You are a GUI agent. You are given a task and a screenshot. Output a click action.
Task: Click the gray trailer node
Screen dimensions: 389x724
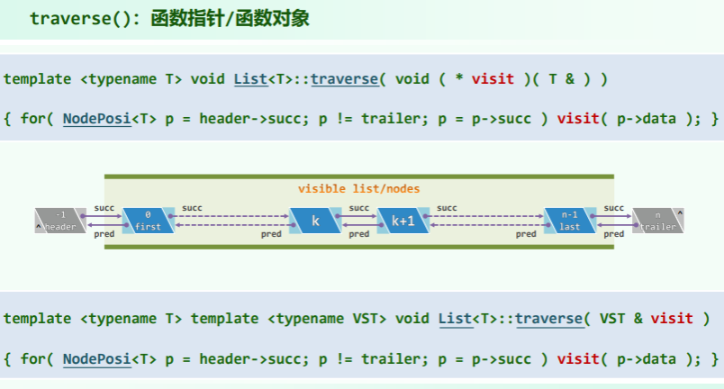(657, 221)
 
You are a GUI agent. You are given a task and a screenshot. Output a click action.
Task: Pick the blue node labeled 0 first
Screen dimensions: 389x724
(147, 221)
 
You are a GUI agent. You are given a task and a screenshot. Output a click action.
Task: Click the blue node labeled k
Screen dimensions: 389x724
(315, 221)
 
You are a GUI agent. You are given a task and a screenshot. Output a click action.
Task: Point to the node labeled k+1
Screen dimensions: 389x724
(403, 221)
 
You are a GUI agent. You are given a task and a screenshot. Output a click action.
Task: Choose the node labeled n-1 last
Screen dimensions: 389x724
(569, 221)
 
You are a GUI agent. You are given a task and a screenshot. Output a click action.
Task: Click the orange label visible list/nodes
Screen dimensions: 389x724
(359, 188)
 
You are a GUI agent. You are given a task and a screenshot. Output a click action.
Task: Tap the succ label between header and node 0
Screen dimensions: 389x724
(104, 208)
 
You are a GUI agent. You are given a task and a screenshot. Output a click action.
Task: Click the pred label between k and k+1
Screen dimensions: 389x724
(358, 234)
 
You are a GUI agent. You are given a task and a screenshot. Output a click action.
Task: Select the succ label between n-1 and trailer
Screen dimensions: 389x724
(614, 208)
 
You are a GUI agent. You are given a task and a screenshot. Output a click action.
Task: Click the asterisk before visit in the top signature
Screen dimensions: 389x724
(458, 78)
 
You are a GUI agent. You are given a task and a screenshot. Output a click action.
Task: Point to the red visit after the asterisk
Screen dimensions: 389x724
(493, 78)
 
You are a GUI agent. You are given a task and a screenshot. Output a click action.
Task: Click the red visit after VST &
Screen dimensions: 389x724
(672, 318)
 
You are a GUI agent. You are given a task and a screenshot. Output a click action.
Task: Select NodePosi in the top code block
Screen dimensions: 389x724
(96, 118)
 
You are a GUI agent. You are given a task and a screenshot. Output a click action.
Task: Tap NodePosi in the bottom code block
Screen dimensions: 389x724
(96, 358)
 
